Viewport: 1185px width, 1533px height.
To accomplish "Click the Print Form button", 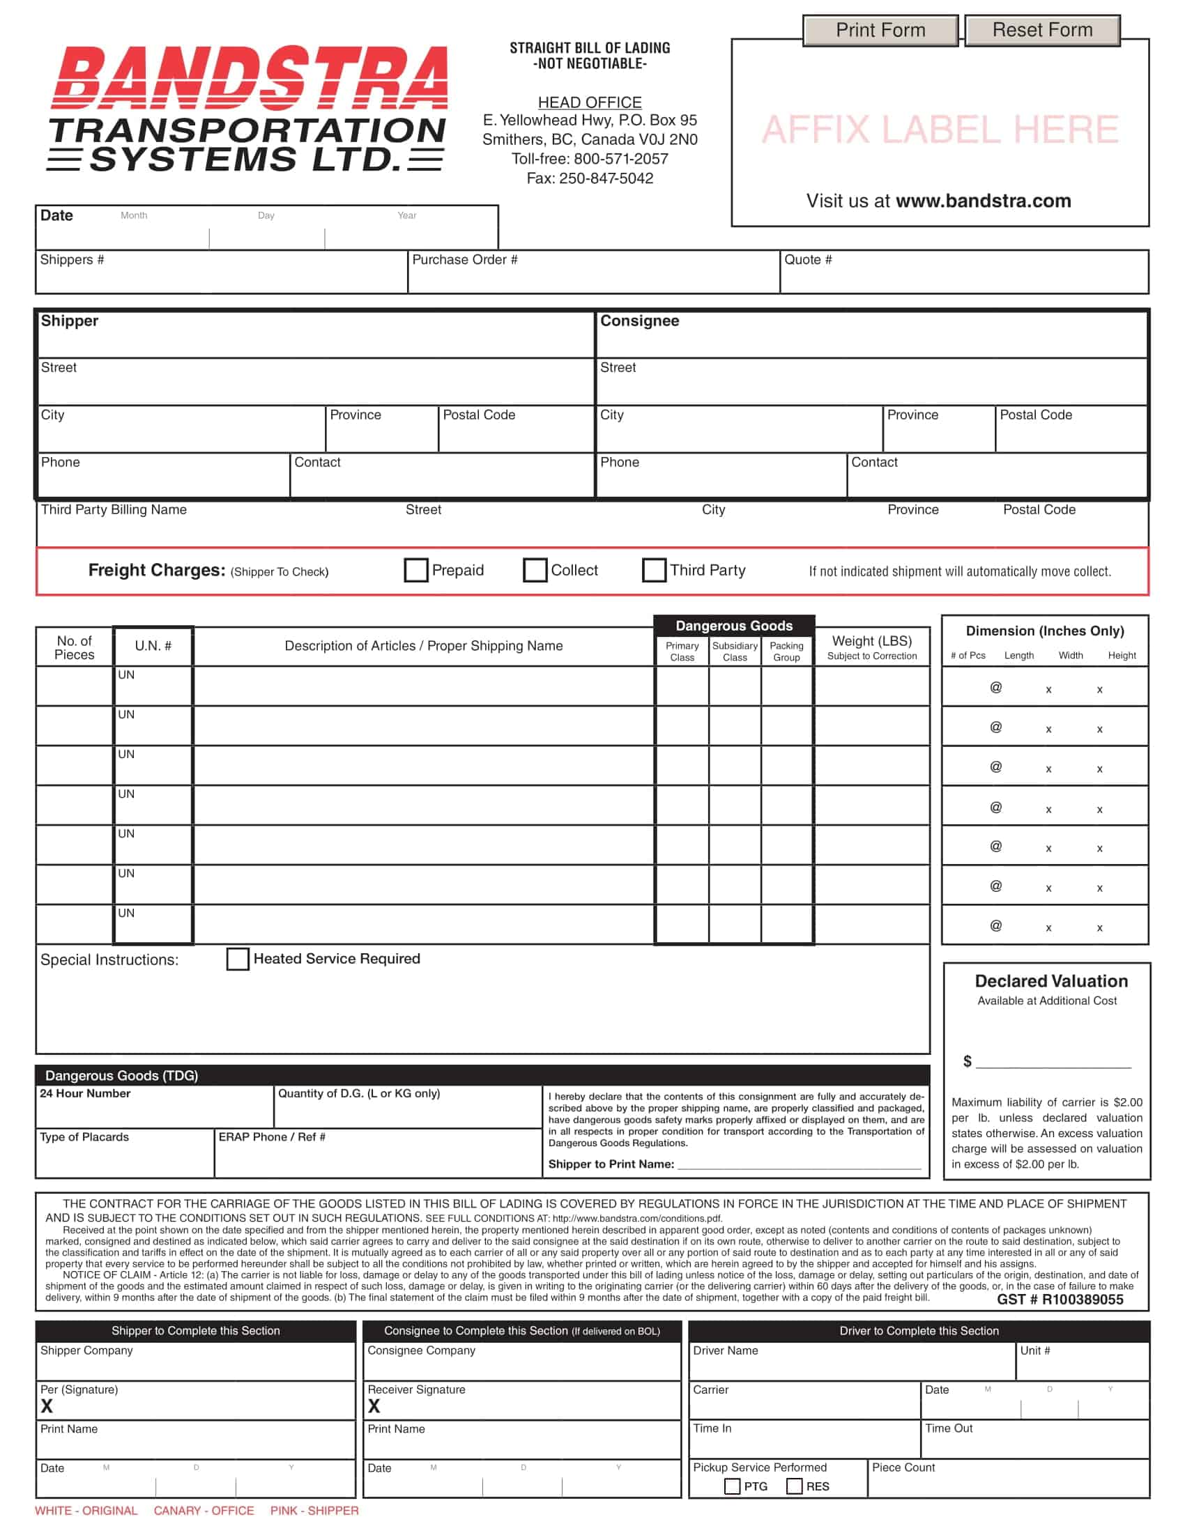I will (x=880, y=31).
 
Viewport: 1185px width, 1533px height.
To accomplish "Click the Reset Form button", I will (x=1042, y=31).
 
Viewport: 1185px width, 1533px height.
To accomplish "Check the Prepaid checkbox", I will (x=415, y=570).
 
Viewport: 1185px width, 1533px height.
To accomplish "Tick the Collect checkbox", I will (x=535, y=570).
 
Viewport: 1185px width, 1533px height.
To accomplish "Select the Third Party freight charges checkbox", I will (x=654, y=570).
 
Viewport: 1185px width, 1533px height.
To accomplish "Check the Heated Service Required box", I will (x=237, y=959).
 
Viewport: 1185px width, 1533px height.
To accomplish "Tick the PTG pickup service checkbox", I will (x=731, y=1486).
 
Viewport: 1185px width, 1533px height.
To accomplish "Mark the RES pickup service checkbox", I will (x=794, y=1486).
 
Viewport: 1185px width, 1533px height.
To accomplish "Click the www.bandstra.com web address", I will (x=983, y=201).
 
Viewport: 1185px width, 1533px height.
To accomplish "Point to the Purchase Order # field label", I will (x=465, y=260).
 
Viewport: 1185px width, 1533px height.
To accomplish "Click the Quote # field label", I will (x=807, y=260).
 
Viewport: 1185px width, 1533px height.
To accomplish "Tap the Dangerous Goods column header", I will (x=733, y=626).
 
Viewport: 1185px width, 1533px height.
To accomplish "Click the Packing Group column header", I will (x=786, y=652).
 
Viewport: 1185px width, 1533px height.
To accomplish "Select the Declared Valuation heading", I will (x=1051, y=981).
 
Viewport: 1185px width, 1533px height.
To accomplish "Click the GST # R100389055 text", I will (x=1060, y=1300).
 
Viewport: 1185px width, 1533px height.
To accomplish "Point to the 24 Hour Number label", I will (x=85, y=1093).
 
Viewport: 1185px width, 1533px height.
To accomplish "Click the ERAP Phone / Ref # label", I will (x=272, y=1137).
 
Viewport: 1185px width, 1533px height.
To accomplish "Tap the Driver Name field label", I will (x=725, y=1350).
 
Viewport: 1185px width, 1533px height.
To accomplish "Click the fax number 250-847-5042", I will (x=606, y=178).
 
